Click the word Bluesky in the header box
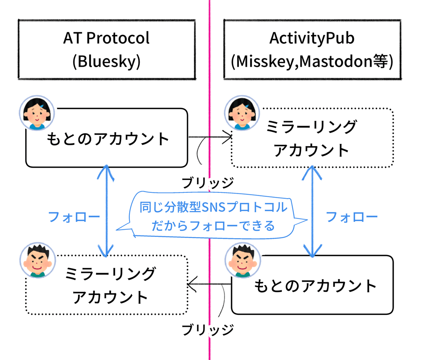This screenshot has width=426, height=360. [106, 61]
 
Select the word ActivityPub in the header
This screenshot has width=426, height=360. [312, 38]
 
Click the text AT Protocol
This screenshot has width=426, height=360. [106, 38]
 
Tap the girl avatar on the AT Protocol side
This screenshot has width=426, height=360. [37, 113]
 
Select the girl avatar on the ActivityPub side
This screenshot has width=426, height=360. [242, 113]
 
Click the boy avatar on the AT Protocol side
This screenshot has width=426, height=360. [38, 261]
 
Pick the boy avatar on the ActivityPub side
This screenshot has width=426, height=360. [243, 261]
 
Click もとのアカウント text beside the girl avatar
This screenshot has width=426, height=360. [108, 139]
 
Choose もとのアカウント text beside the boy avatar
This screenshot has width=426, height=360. [315, 286]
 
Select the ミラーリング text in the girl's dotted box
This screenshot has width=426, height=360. [312, 127]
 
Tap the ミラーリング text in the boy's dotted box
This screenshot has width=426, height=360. [110, 274]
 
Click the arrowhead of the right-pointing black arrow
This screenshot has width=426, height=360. [229, 137]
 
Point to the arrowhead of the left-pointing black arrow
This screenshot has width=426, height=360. [191, 284]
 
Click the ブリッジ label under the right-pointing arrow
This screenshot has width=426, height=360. [208, 183]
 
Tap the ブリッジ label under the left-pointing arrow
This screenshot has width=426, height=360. [208, 330]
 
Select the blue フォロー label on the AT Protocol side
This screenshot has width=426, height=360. [74, 217]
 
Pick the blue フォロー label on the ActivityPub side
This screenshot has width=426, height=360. [351, 217]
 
